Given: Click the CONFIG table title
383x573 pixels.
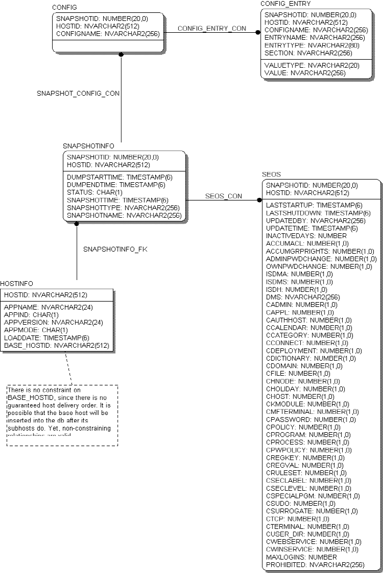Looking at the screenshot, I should (x=64, y=8).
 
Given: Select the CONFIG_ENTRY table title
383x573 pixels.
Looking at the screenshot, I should (x=285, y=4).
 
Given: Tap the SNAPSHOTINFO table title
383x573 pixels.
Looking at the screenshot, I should (x=88, y=146).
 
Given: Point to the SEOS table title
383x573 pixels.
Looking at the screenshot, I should (x=271, y=175).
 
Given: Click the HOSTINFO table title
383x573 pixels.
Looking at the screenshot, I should (x=17, y=283).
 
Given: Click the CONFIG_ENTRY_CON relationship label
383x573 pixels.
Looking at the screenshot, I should (x=212, y=28).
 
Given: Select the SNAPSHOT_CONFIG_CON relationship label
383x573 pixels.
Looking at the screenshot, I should (x=78, y=93).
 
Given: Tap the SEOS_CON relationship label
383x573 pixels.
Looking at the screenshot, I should (x=223, y=196).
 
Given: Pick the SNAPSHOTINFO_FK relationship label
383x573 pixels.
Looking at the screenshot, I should (x=115, y=249).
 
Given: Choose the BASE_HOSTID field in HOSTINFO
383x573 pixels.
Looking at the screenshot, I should (x=56, y=345).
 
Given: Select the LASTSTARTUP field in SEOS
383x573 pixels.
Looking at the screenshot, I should (x=314, y=205).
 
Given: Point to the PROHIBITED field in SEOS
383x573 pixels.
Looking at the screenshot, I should (x=315, y=565).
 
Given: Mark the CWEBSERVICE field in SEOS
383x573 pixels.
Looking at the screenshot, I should (x=313, y=542).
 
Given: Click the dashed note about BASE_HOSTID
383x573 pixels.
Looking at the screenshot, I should (x=62, y=415).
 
